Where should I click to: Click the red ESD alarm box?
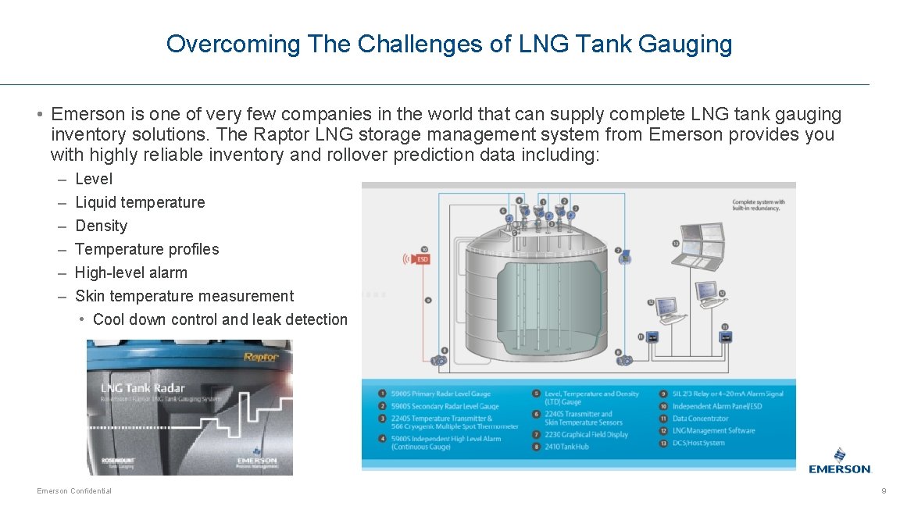click(x=421, y=258)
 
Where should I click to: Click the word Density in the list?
click(x=101, y=226)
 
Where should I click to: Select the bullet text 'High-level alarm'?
click(x=130, y=273)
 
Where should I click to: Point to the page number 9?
click(x=884, y=490)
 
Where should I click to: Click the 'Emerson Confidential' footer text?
click(x=74, y=490)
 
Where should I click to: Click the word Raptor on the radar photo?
click(x=261, y=357)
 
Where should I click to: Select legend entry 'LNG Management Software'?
click(x=713, y=430)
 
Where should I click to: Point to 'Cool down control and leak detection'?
click(x=220, y=319)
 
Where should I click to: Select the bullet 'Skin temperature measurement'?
click(x=184, y=296)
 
